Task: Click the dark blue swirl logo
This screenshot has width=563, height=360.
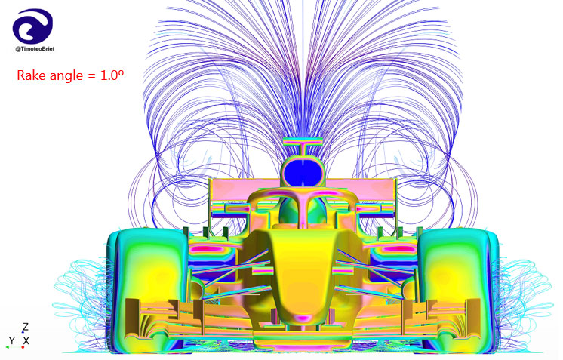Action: coord(32,26)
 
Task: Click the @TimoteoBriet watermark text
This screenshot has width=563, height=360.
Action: coord(35,49)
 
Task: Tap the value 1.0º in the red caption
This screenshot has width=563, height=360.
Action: coord(112,75)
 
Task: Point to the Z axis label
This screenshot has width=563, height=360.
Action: coord(25,327)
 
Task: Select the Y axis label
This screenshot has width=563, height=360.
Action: coord(12,340)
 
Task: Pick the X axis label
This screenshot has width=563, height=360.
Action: coord(26,340)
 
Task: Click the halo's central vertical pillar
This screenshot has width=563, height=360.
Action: coord(303,212)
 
